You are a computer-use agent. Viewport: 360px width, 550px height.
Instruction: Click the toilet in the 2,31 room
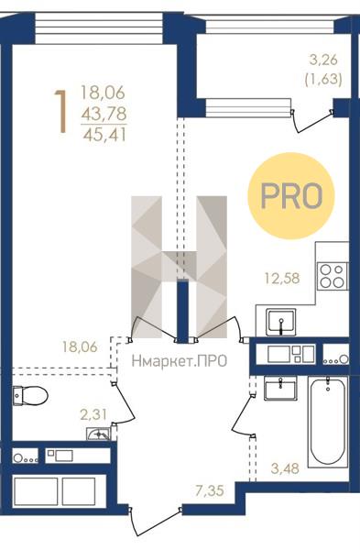click(x=30, y=396)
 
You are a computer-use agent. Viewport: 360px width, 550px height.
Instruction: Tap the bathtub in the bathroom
click(x=328, y=422)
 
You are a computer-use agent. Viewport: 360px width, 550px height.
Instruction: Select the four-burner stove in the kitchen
click(x=333, y=276)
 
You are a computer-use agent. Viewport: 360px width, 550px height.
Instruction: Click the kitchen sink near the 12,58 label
click(x=281, y=322)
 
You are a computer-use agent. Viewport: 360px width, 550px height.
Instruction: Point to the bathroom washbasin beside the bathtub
click(x=280, y=388)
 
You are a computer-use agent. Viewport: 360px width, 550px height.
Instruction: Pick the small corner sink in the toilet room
click(x=99, y=434)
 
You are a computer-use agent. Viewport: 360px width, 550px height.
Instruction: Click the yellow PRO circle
click(x=291, y=196)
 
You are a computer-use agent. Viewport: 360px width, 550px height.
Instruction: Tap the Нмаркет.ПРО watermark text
click(x=180, y=361)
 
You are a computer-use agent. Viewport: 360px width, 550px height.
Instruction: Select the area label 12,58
click(x=282, y=279)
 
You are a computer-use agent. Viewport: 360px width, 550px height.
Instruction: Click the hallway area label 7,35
click(x=209, y=490)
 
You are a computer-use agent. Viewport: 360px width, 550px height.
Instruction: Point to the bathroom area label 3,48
click(x=285, y=467)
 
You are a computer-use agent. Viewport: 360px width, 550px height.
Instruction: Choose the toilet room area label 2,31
click(x=93, y=415)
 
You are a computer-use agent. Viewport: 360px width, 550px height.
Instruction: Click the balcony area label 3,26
click(x=323, y=60)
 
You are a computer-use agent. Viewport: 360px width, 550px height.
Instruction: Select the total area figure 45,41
click(x=104, y=135)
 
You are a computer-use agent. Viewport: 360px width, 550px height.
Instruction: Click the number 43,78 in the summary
click(x=104, y=114)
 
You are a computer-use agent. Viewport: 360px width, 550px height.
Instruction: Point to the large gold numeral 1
click(x=61, y=112)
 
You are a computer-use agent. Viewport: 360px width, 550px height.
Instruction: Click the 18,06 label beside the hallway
click(x=80, y=346)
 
